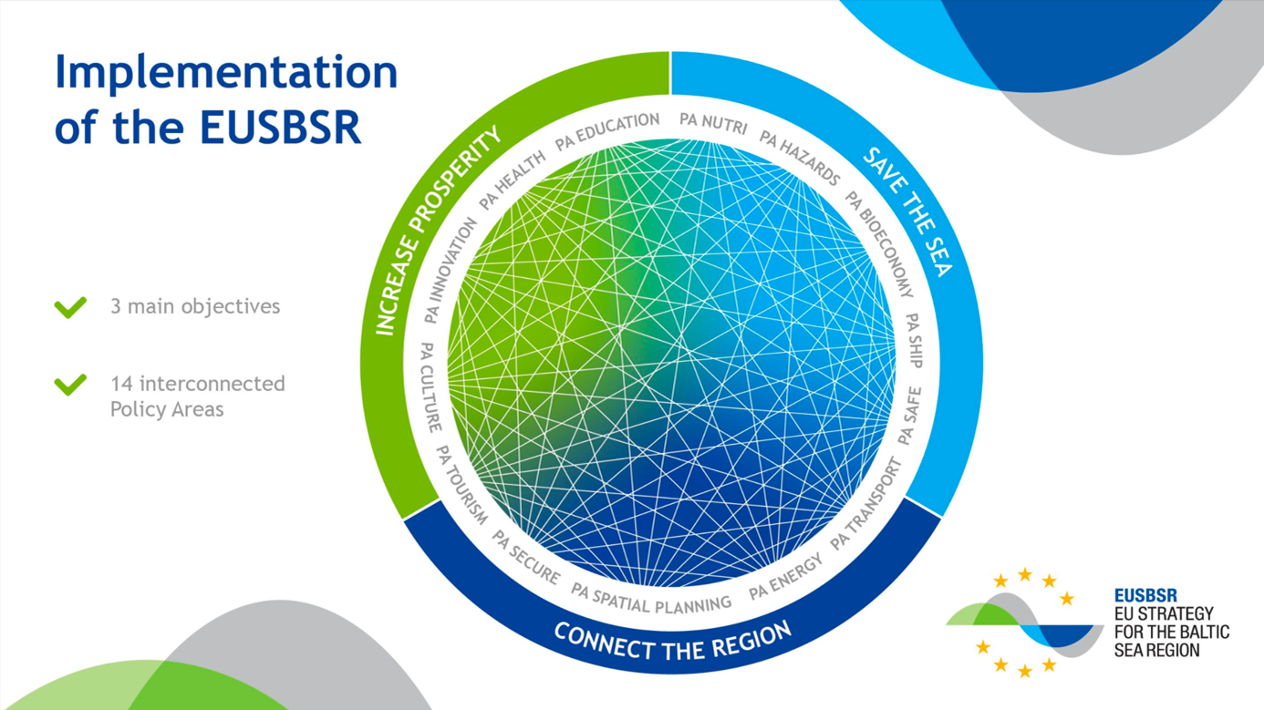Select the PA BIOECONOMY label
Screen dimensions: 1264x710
[878, 243]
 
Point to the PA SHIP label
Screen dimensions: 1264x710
[914, 341]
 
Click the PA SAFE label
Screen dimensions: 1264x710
[909, 416]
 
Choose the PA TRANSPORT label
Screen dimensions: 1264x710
[866, 504]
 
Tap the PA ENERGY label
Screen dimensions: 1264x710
[785, 577]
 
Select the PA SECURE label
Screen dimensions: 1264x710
[526, 557]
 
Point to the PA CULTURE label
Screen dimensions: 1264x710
[430, 386]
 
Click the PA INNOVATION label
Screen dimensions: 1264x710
[451, 271]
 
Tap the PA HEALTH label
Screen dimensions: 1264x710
[513, 180]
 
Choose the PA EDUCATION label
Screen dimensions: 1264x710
[607, 131]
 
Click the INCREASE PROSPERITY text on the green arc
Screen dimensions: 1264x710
[438, 230]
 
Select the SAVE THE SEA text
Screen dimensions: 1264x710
[907, 212]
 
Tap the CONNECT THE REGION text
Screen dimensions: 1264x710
[673, 642]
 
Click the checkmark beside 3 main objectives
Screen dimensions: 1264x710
[70, 307]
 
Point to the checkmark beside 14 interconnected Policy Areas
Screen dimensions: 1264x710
[70, 385]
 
